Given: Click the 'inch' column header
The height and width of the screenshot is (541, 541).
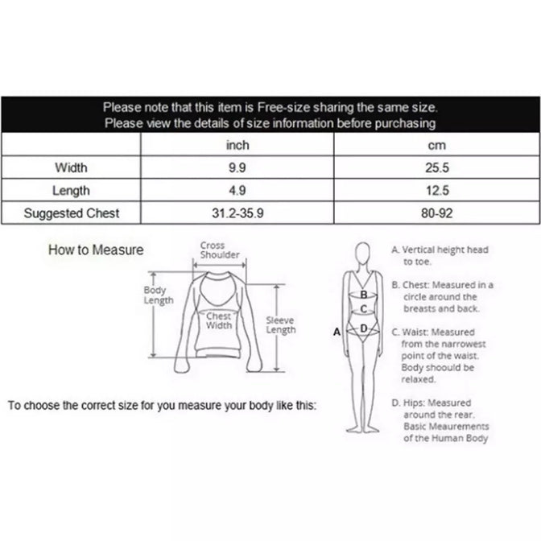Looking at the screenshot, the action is click(x=237, y=145).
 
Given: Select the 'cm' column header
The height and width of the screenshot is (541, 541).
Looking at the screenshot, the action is click(x=437, y=145).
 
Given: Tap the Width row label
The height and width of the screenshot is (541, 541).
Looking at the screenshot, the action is click(x=71, y=167).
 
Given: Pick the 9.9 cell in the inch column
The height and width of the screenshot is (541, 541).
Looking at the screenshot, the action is click(x=237, y=167).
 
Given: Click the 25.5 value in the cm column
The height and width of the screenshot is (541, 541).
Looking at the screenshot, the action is click(x=437, y=167).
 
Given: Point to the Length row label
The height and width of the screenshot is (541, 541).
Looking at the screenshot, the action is click(x=71, y=191).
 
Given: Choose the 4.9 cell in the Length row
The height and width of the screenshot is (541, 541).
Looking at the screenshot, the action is click(x=237, y=191).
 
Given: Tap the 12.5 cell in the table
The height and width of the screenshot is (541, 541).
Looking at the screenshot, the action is click(x=437, y=191).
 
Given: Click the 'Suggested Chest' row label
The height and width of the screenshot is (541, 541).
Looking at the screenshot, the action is click(x=72, y=213).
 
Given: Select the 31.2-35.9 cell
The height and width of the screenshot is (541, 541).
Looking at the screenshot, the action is click(x=237, y=213).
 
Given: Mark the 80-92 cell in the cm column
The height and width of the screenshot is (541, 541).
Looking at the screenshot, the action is click(x=437, y=213).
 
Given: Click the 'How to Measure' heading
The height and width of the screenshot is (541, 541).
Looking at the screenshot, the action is click(x=96, y=250).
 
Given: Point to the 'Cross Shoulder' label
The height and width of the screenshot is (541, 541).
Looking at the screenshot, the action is click(x=220, y=250).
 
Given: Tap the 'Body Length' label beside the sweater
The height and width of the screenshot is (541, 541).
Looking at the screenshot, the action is click(x=159, y=295).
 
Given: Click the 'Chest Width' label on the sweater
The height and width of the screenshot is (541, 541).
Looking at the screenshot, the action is click(x=219, y=320).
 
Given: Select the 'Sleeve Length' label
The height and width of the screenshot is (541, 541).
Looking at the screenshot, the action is click(x=281, y=325).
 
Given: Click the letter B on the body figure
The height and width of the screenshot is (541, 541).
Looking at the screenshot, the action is click(x=364, y=295).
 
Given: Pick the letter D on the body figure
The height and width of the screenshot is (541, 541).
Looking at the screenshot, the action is click(x=364, y=328).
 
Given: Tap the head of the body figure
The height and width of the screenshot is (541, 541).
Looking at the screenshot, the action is click(x=363, y=253).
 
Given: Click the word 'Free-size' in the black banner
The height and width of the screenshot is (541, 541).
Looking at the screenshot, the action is click(x=284, y=108).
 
